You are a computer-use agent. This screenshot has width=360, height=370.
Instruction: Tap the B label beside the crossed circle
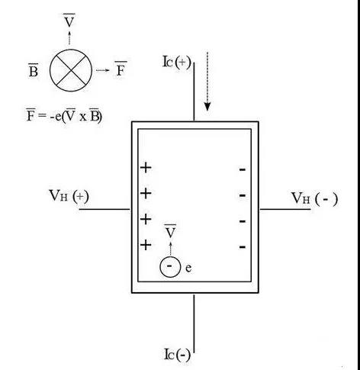pyautogui.click(x=34, y=70)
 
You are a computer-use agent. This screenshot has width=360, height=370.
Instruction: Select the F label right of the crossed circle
pyautogui.click(x=121, y=69)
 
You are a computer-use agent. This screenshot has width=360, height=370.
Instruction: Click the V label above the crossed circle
pyautogui.click(x=69, y=21)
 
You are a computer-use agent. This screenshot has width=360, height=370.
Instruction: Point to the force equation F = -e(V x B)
pyautogui.click(x=64, y=116)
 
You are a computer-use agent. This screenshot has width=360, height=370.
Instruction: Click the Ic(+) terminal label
pyautogui.click(x=176, y=62)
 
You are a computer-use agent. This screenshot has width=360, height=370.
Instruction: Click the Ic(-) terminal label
pyautogui.click(x=177, y=354)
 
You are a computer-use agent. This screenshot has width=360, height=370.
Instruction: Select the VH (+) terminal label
pyautogui.click(x=69, y=196)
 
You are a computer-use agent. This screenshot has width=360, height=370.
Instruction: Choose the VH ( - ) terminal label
pyautogui.click(x=314, y=198)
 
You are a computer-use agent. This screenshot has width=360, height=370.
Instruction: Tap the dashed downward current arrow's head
pyautogui.click(x=207, y=107)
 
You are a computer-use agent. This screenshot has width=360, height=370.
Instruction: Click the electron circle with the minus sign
pyautogui.click(x=170, y=266)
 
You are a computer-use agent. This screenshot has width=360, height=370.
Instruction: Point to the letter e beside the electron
pyautogui.click(x=188, y=268)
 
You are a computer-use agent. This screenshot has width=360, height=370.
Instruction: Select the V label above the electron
pyautogui.click(x=170, y=231)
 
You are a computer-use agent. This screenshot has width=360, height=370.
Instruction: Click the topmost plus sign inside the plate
pyautogui.click(x=146, y=168)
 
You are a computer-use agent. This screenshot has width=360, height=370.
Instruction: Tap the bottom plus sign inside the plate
pyautogui.click(x=146, y=245)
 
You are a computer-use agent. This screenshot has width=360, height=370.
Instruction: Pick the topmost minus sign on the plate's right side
pyautogui.click(x=243, y=169)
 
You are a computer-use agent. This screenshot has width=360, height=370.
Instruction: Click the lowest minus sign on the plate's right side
pyautogui.click(x=243, y=246)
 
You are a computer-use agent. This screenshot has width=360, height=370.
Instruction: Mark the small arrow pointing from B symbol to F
pyautogui.click(x=103, y=70)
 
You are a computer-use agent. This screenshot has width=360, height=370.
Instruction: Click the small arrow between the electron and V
pyautogui.click(x=170, y=249)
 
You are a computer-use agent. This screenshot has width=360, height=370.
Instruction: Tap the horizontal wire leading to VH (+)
pyautogui.click(x=104, y=209)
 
